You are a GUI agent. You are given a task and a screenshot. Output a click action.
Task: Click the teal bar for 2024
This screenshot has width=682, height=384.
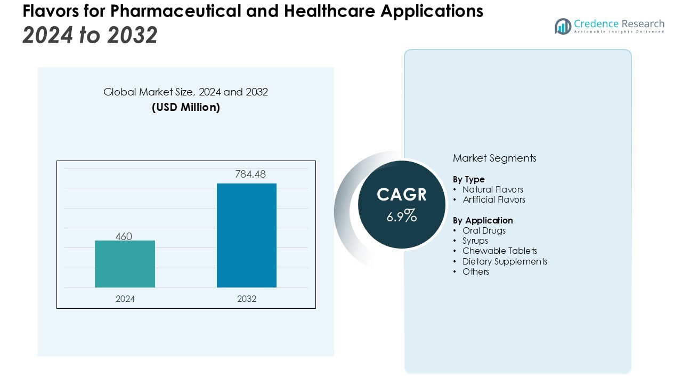click(x=125, y=264)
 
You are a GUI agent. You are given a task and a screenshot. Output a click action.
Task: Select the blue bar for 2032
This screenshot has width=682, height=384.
click(x=246, y=235)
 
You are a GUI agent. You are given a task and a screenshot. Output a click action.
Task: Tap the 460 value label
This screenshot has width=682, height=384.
click(x=124, y=236)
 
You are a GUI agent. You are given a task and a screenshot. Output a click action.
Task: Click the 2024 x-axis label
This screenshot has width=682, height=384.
click(x=125, y=299)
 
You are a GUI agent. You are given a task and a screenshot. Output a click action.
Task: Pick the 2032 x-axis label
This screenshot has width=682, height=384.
click(x=247, y=299)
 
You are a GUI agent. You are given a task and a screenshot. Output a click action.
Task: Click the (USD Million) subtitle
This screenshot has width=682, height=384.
click(x=186, y=107)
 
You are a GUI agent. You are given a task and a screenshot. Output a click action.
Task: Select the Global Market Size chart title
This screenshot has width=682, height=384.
click(x=185, y=92)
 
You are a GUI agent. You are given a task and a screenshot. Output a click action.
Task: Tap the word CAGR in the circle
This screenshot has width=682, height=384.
click(x=402, y=195)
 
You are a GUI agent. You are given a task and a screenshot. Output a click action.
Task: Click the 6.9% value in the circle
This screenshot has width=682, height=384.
click(x=402, y=216)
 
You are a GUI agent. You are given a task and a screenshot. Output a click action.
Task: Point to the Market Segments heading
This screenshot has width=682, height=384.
click(x=494, y=158)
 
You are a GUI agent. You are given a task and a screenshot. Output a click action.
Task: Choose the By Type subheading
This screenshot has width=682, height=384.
click(x=469, y=179)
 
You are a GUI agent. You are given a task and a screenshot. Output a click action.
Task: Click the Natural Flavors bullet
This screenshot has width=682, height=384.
click(x=492, y=189)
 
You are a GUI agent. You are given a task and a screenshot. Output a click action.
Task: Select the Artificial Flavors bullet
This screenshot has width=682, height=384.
click(x=493, y=199)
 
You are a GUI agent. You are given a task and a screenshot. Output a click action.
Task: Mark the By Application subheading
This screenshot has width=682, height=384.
click(x=483, y=220)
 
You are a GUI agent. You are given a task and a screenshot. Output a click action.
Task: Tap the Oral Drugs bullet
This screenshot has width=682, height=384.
click(x=484, y=230)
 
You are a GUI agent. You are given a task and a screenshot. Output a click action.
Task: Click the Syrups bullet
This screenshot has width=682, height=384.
click(x=475, y=241)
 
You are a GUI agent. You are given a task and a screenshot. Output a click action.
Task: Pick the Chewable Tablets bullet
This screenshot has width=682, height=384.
click(x=499, y=251)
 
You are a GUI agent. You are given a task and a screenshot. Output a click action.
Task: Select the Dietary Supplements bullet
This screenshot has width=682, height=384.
click(x=505, y=261)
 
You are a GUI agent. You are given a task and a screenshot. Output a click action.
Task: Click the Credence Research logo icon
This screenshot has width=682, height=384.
click(x=563, y=26)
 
